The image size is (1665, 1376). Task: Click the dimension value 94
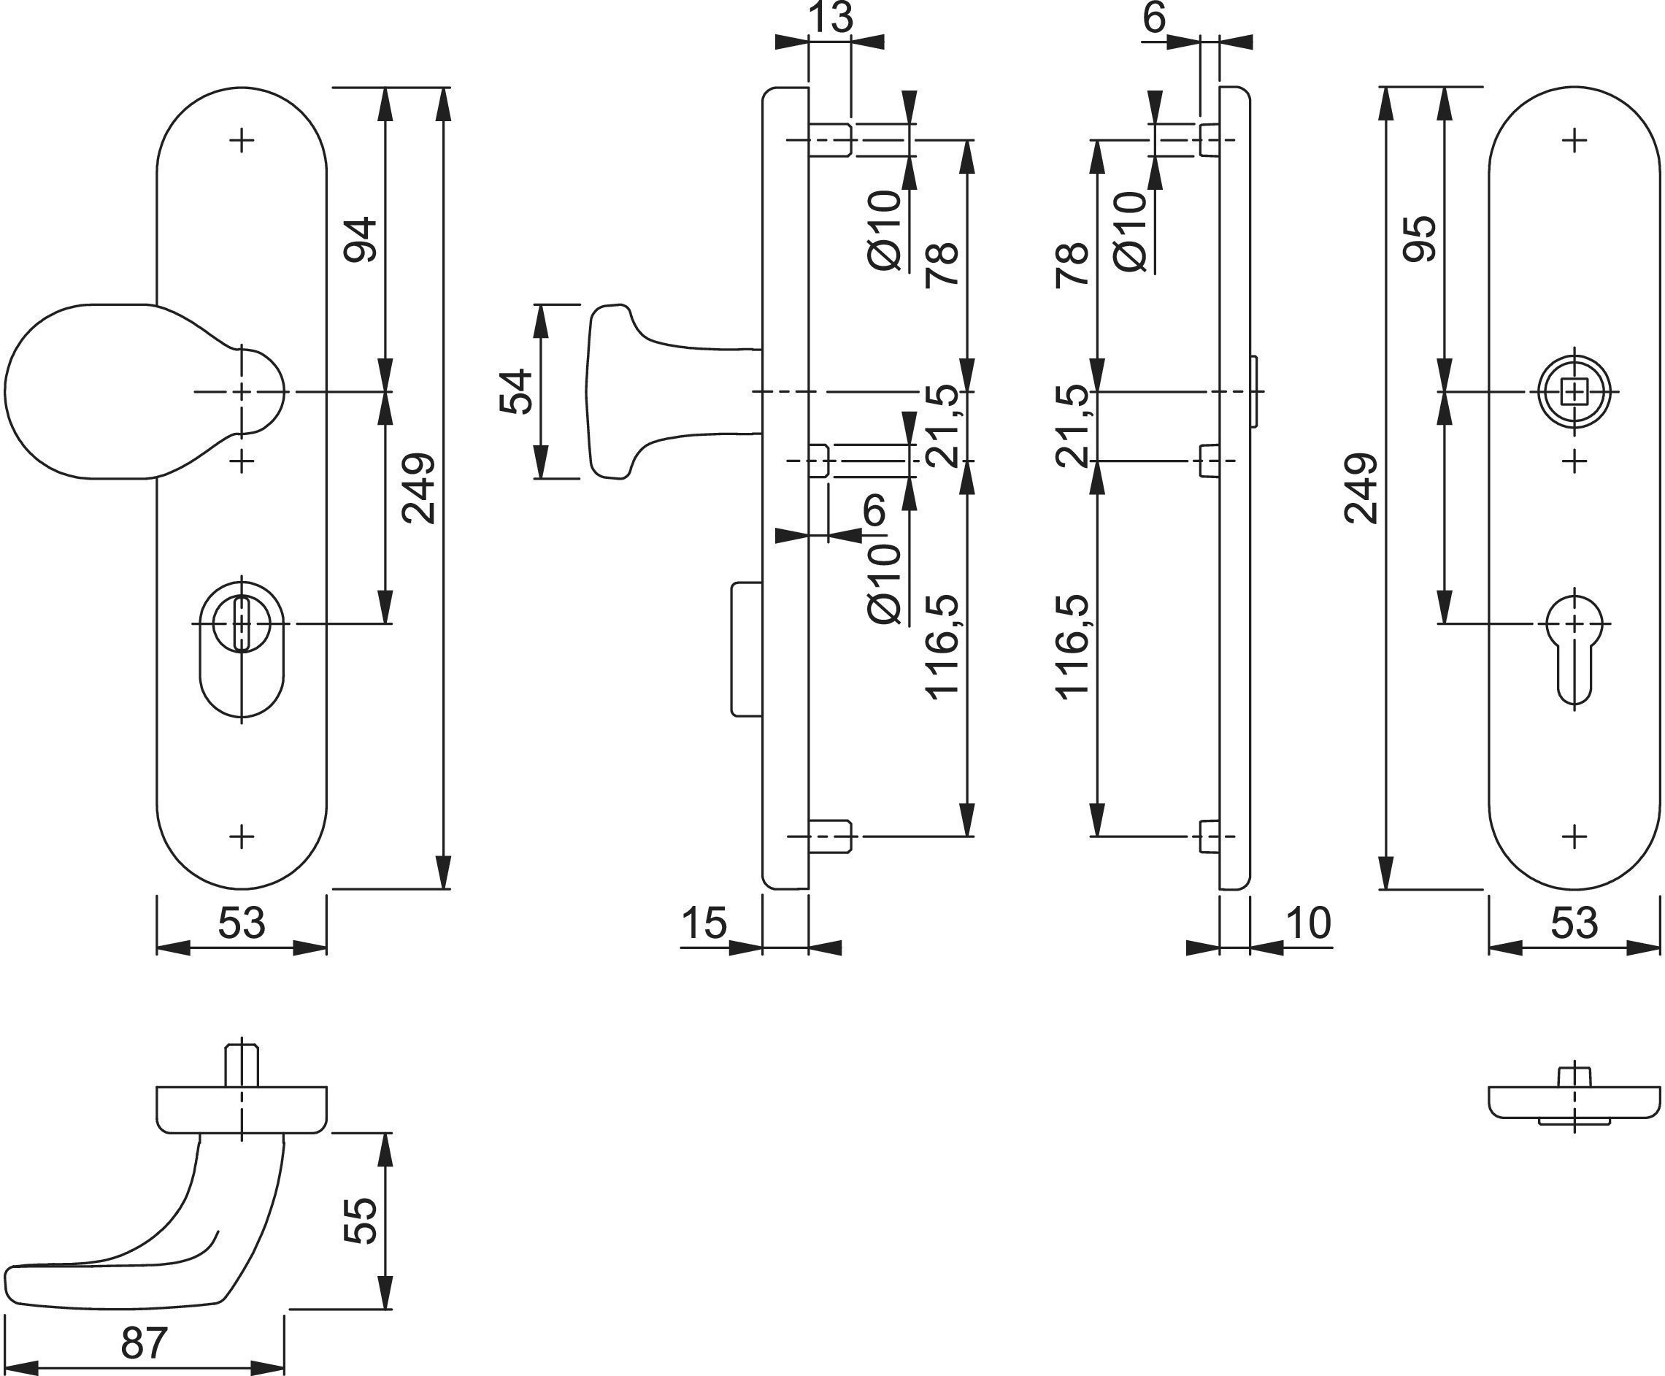click(360, 239)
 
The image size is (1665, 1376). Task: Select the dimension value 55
click(361, 1221)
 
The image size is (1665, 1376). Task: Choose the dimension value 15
click(703, 923)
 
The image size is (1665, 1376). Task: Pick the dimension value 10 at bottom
click(1307, 923)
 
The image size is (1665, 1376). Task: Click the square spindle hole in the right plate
click(1574, 391)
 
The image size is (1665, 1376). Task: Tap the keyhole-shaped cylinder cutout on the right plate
click(1574, 646)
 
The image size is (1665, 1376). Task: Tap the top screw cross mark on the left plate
click(242, 141)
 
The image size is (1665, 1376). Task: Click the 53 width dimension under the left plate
click(241, 923)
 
